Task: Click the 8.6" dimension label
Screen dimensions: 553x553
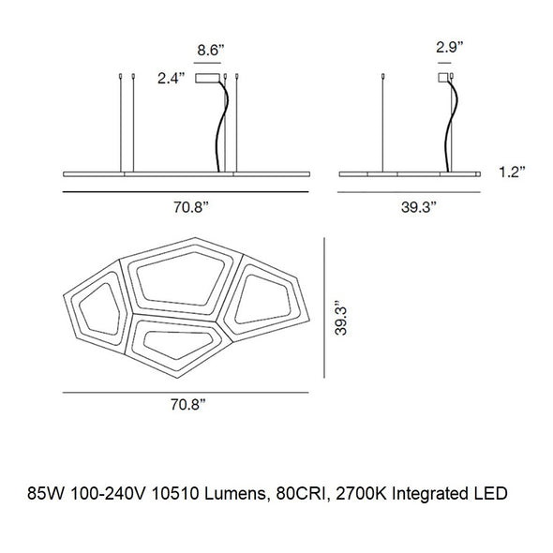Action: tap(211, 50)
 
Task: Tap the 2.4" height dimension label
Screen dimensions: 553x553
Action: tap(171, 79)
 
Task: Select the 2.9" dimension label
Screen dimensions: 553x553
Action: tap(449, 47)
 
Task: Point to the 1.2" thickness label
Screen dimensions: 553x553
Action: tap(512, 172)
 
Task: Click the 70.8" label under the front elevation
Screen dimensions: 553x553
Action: tap(191, 207)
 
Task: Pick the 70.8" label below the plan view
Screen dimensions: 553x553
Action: tap(188, 405)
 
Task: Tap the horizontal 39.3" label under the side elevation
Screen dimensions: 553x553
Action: tap(419, 207)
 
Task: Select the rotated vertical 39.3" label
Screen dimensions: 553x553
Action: tap(341, 318)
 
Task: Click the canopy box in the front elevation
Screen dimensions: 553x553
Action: tap(208, 78)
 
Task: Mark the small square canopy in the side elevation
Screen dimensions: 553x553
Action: tap(443, 78)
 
